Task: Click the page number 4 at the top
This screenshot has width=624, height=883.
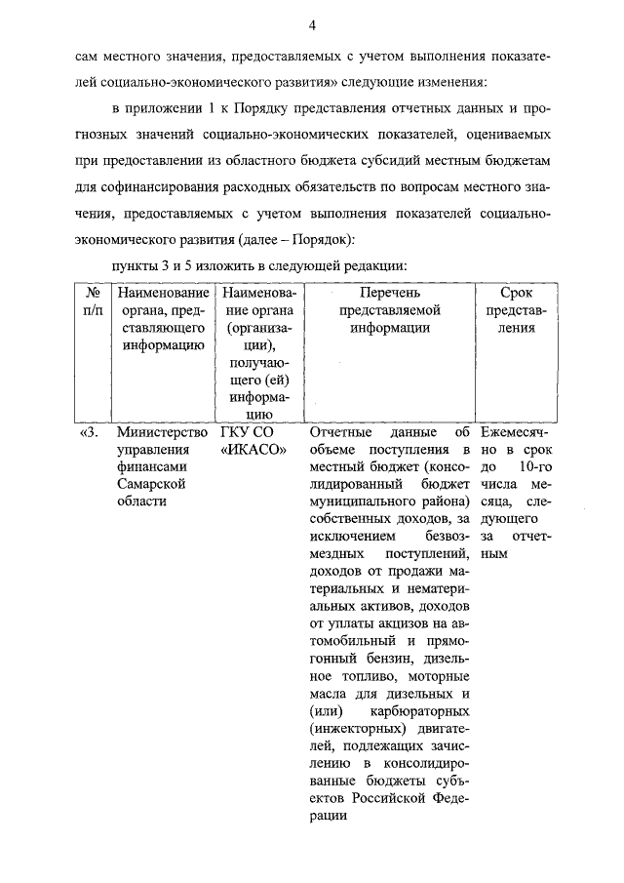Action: (x=311, y=24)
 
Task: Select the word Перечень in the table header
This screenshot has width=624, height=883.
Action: (x=389, y=293)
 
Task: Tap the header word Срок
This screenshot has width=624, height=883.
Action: (x=516, y=293)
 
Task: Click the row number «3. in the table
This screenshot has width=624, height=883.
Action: (x=89, y=433)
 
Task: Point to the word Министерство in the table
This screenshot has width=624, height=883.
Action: (x=162, y=433)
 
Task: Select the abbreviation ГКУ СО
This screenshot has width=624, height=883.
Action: (x=246, y=433)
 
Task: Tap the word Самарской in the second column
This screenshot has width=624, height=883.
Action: (x=148, y=485)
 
